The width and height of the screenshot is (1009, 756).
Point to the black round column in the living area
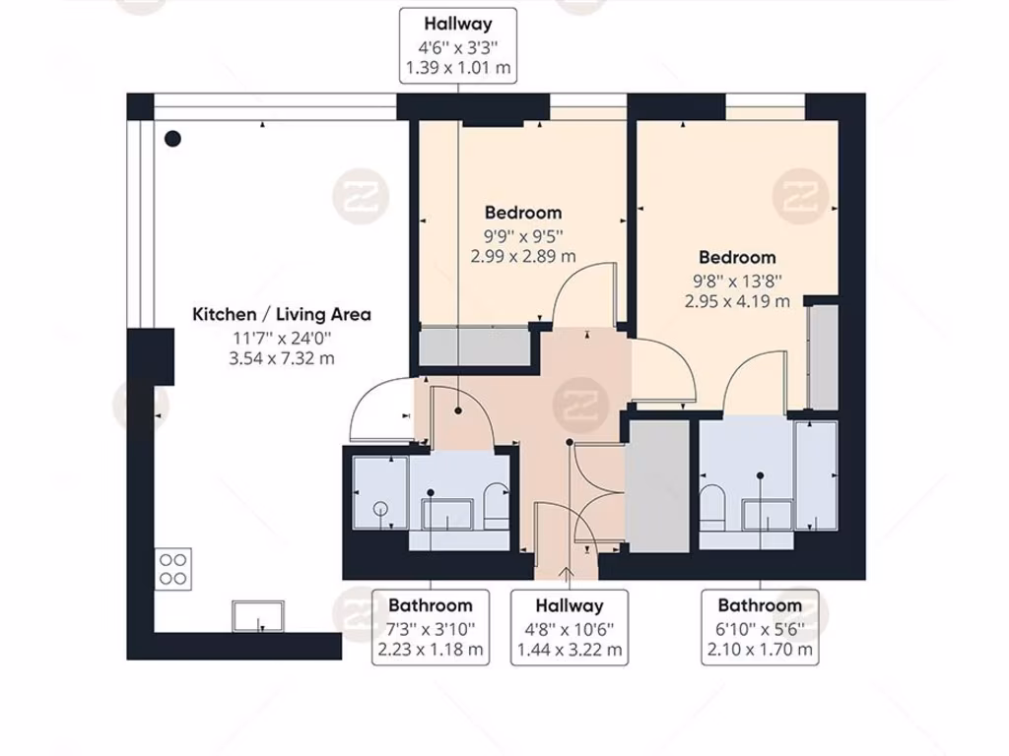click(x=173, y=139)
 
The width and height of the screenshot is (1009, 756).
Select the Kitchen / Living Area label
click(x=281, y=315)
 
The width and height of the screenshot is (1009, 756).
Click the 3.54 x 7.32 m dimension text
click(x=281, y=358)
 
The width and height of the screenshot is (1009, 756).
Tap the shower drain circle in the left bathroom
click(x=379, y=509)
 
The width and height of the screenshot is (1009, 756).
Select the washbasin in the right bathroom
click(x=767, y=513)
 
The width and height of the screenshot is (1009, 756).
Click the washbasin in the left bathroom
click(x=446, y=513)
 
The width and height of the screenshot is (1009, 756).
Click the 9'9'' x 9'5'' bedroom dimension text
click(x=523, y=235)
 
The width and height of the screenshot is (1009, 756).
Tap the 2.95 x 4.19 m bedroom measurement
click(x=738, y=301)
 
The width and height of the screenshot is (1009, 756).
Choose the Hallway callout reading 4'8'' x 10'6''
click(x=570, y=627)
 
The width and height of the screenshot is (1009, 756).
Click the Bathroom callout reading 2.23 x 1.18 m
click(x=431, y=627)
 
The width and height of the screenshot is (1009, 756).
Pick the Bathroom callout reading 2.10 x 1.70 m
click(x=759, y=627)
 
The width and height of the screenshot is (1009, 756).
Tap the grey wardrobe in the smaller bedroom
click(x=472, y=346)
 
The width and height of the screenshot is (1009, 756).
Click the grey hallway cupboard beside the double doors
click(x=657, y=486)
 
